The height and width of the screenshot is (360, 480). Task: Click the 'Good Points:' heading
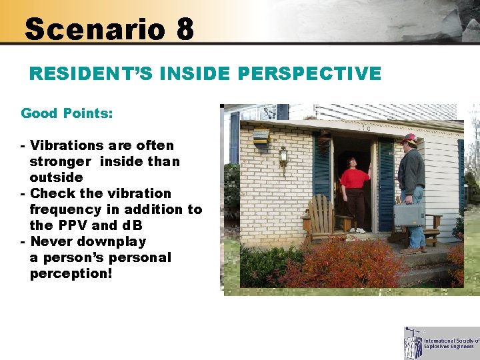click(x=67, y=113)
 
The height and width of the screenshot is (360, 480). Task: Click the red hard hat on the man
click(x=409, y=139)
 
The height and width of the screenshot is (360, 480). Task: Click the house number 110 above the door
click(x=365, y=128)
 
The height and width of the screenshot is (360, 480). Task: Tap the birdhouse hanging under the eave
click(x=261, y=137)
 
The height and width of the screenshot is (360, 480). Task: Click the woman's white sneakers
click(x=357, y=230)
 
